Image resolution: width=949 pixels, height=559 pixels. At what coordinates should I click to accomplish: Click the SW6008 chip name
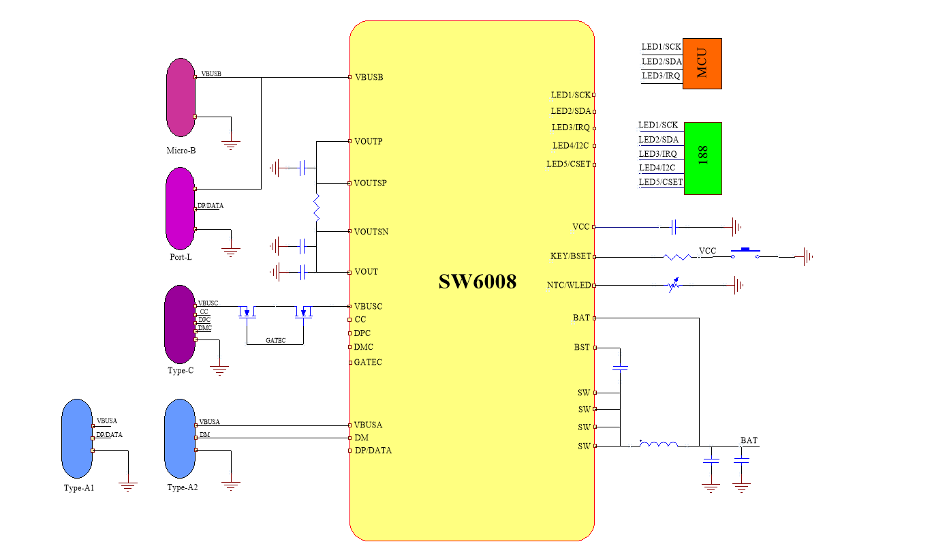point(477,282)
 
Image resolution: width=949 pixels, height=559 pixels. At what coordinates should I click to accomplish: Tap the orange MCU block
point(702,63)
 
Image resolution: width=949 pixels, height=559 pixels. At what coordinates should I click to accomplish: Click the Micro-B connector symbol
point(181,97)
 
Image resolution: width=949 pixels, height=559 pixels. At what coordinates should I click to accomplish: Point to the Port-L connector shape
point(180,209)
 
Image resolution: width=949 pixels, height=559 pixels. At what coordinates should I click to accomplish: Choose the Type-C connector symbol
point(179,324)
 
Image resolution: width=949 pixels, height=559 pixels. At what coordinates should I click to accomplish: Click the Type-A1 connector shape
point(76,439)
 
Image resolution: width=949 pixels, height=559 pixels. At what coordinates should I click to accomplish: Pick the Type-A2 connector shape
point(180,439)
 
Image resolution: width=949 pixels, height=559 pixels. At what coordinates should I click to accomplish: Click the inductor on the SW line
point(659,445)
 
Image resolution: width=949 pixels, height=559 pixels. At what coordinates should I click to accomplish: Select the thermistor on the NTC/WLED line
point(674,285)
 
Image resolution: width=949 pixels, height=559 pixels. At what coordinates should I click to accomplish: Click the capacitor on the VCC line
point(672,226)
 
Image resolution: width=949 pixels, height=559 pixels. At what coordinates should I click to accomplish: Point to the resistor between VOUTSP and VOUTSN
point(317,207)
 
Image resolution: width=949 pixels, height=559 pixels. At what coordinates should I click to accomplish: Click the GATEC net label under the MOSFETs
point(276,340)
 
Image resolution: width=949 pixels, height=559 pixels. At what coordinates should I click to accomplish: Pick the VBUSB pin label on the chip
point(369,77)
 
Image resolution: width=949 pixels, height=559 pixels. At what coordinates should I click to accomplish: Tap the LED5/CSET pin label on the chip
point(568,164)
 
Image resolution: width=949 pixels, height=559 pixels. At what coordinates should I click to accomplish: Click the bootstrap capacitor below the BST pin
point(620,368)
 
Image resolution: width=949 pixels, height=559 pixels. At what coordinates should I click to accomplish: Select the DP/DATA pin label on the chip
point(373,451)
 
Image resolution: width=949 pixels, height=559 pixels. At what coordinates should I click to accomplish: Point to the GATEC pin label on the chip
point(368,362)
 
